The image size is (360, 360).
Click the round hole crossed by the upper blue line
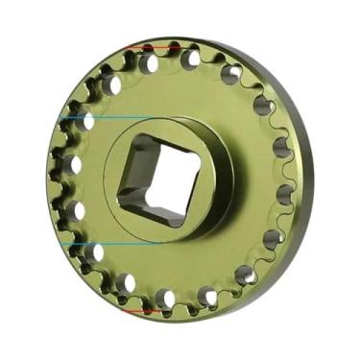[88, 121]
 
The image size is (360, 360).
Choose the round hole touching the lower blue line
[97, 252]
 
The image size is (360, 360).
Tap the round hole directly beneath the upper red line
[149, 63]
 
